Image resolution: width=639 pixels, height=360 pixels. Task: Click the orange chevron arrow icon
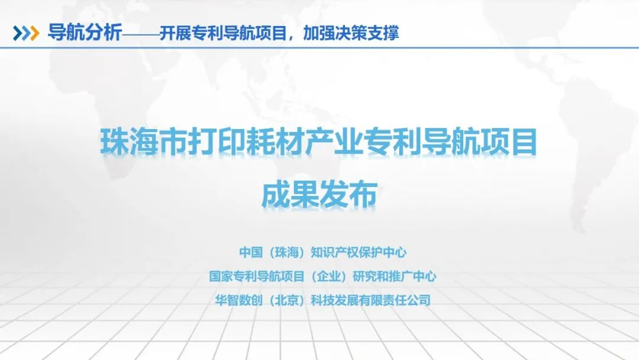pos(35,33)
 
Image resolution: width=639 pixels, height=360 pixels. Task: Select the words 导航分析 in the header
pos(85,32)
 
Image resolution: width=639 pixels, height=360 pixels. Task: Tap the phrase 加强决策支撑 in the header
pos(351,33)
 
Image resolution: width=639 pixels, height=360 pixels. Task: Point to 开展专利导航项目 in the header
pos(223,33)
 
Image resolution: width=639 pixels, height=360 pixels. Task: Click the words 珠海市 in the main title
pos(143,142)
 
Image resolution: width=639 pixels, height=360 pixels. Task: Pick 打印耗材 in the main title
pos(246,142)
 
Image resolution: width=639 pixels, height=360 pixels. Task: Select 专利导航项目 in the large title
pos(450,142)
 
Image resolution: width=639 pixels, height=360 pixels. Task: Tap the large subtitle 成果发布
pos(319,195)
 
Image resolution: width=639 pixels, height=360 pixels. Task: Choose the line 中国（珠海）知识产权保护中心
pos(323,252)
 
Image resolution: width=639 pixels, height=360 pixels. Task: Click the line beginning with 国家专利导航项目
pos(323,277)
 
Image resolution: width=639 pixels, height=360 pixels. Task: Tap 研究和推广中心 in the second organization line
pos(394,277)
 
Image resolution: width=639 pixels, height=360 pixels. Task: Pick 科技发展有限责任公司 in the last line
pos(370,300)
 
